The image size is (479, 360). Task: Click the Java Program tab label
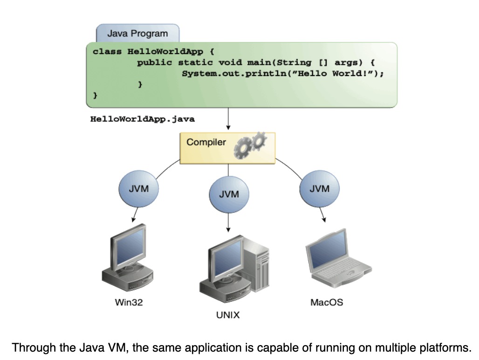pyautogui.click(x=137, y=34)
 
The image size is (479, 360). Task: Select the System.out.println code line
pyautogui.click(x=282, y=74)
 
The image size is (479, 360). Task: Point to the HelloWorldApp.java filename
pyautogui.click(x=142, y=119)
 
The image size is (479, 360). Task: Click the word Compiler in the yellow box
pyautogui.click(x=206, y=142)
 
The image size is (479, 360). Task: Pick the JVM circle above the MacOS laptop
pyautogui.click(x=319, y=189)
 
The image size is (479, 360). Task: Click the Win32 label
pyautogui.click(x=129, y=302)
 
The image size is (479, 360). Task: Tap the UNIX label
pyautogui.click(x=228, y=315)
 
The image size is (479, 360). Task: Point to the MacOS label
pyautogui.click(x=327, y=302)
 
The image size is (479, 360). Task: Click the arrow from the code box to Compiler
pyautogui.click(x=228, y=119)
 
